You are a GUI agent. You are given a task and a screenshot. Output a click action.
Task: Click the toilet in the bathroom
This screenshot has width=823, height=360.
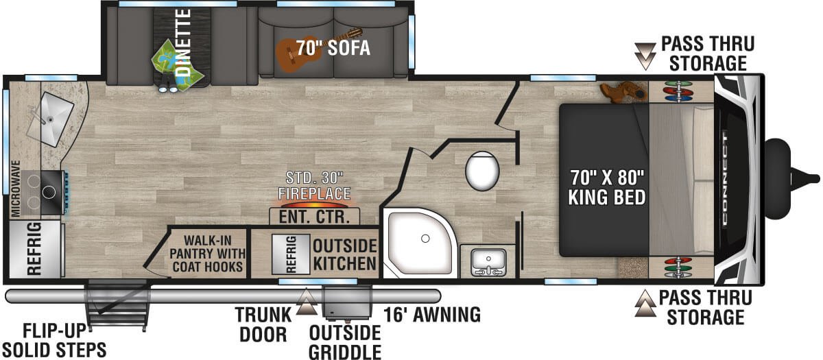click(482, 171)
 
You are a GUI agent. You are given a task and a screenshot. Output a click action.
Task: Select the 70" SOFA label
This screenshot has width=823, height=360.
click(333, 48)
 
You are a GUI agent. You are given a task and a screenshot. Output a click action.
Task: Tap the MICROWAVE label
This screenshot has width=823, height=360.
click(15, 189)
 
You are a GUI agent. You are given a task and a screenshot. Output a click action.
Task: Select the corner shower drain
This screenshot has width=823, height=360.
click(425, 239)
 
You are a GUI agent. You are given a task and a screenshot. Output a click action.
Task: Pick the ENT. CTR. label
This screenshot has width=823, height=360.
click(314, 217)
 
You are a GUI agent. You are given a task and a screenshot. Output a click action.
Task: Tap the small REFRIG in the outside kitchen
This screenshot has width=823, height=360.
click(291, 254)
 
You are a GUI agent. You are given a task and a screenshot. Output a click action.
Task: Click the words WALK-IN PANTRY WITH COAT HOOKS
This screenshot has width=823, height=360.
click(207, 254)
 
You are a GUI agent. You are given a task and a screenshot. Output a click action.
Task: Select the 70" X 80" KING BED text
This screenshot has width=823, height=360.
click(607, 187)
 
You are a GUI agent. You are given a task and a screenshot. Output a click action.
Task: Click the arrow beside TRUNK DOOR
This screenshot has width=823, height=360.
click(307, 302)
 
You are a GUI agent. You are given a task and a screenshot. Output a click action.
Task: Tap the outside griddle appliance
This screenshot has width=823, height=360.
click(347, 302)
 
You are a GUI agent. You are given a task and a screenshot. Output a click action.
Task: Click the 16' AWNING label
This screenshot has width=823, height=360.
click(432, 315)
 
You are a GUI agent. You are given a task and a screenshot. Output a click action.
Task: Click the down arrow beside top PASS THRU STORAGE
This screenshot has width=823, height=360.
click(645, 56)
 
